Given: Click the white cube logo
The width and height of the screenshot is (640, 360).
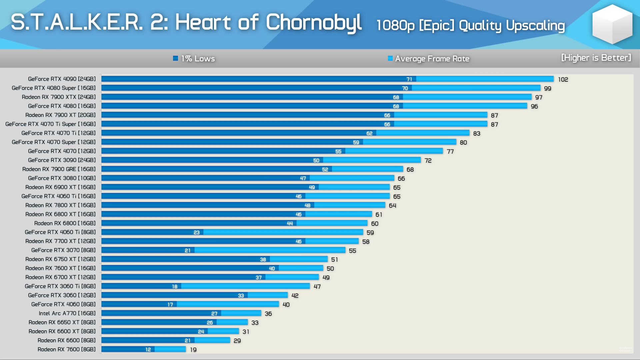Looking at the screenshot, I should click(612, 25).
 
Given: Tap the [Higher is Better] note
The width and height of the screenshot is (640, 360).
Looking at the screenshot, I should click(596, 58).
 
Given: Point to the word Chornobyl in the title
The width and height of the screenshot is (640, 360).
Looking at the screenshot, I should click(313, 22).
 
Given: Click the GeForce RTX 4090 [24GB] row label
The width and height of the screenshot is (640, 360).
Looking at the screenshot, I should click(62, 79).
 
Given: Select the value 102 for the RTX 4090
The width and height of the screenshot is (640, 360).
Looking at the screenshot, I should click(563, 79).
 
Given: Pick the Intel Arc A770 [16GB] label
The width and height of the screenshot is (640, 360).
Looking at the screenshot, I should click(67, 313).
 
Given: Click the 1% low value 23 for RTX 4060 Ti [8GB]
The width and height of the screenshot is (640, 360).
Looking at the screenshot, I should click(196, 232).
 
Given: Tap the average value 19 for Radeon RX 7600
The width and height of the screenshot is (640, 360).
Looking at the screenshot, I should click(193, 350).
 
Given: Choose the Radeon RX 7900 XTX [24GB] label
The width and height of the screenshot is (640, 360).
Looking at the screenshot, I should click(59, 97).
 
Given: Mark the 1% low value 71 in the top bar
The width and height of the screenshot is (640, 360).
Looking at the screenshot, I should click(409, 79).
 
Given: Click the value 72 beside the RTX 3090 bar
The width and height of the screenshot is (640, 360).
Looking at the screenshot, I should click(428, 161).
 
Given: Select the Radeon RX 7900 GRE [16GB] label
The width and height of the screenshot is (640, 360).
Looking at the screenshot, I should click(59, 169).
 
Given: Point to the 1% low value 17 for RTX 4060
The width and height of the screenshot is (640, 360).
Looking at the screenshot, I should click(170, 305).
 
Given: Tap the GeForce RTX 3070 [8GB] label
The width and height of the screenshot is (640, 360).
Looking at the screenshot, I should click(63, 250).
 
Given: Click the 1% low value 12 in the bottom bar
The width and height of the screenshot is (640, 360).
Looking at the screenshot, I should click(148, 350).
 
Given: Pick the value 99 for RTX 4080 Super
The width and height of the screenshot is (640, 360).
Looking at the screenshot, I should click(548, 88).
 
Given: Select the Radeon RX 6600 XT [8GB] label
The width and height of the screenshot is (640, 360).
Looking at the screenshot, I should click(62, 331).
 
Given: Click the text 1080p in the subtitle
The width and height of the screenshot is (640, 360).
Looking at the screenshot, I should click(395, 25).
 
